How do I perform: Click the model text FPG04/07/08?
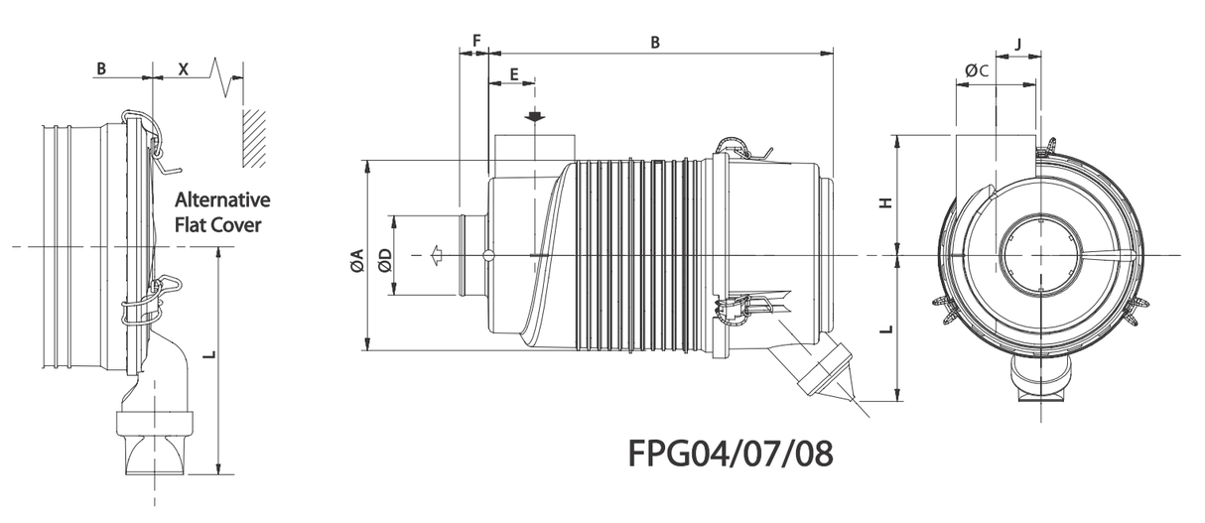[x=730, y=454]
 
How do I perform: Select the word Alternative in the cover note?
[x=221, y=200]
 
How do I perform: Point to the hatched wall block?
[x=254, y=136]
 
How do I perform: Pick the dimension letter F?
[x=476, y=41]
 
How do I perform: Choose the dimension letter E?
[x=513, y=74]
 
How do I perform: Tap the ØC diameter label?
[x=976, y=70]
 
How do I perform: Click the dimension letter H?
[x=886, y=201]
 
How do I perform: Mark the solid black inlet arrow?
[x=535, y=117]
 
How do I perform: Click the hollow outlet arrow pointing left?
[x=435, y=256]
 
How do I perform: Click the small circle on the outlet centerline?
[x=487, y=256]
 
